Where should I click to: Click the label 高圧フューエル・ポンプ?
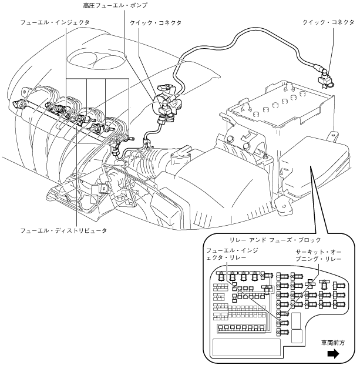coord(115,5)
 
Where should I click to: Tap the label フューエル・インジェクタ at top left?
coord(55,22)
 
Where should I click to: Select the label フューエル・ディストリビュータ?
coord(63,230)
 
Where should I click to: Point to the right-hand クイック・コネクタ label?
coord(328,22)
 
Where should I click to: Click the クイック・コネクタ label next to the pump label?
coord(156,23)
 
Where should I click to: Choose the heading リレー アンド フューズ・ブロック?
coord(275,240)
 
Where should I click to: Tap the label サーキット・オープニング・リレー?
coord(318,255)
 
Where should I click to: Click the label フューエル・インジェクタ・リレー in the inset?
coord(232,254)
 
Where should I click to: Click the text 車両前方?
coord(333,343)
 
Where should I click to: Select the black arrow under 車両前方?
coord(333,354)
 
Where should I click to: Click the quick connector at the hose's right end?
coord(325,79)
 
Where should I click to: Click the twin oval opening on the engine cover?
coord(96,59)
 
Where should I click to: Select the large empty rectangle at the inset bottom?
coord(247,347)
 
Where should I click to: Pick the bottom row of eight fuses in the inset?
coord(241,328)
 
